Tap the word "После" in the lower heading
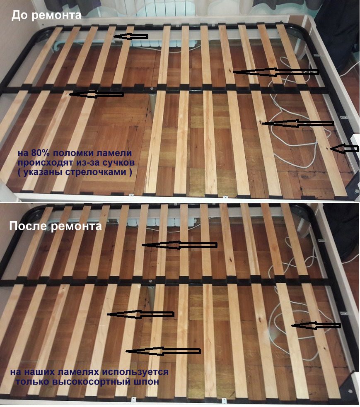coord(28,226)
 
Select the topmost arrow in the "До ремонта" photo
coord(130,36)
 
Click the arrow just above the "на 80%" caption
coord(96,94)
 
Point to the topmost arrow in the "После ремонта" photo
coord(179,245)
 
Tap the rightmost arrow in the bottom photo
coord(316,325)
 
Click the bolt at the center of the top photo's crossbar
coord(152,89)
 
